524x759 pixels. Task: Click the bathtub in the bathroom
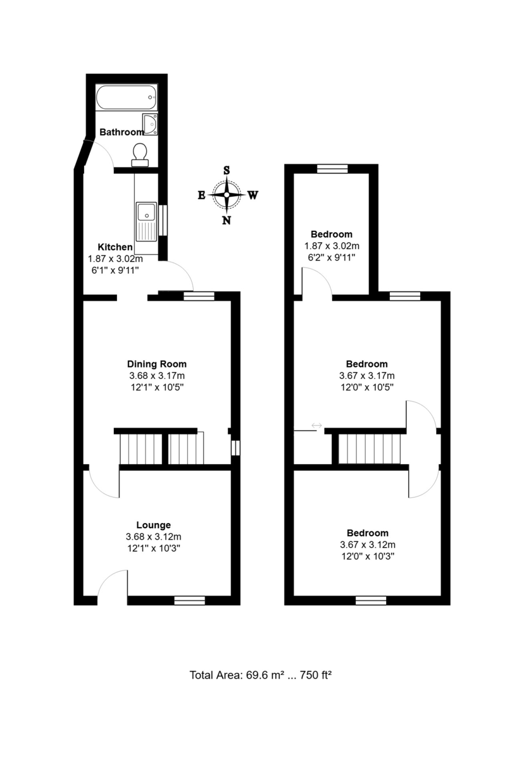click(127, 97)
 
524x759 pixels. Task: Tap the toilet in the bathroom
click(140, 155)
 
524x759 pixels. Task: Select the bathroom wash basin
click(150, 124)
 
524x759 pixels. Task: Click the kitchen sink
click(146, 222)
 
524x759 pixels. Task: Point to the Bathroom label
click(122, 132)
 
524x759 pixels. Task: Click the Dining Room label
click(156, 364)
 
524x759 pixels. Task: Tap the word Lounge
click(154, 525)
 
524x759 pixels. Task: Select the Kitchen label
click(115, 247)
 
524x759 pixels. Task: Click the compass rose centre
click(227, 195)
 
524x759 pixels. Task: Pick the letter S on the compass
click(227, 170)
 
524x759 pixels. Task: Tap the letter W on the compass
click(253, 195)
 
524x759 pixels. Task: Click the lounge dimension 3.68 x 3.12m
click(154, 537)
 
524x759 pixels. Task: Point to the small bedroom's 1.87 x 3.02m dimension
click(332, 245)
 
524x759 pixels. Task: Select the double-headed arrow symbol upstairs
click(316, 425)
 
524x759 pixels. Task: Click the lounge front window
click(189, 600)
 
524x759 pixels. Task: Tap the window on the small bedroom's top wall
click(332, 168)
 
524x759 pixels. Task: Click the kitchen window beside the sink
click(163, 220)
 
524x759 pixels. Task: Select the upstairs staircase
click(370, 448)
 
